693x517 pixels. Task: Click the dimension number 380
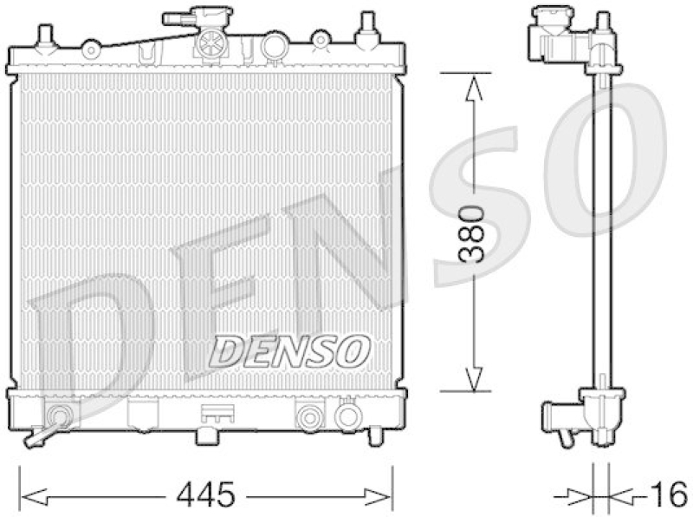(x=472, y=233)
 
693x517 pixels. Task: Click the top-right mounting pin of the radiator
(x=367, y=26)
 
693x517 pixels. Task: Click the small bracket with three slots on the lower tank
(x=210, y=414)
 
